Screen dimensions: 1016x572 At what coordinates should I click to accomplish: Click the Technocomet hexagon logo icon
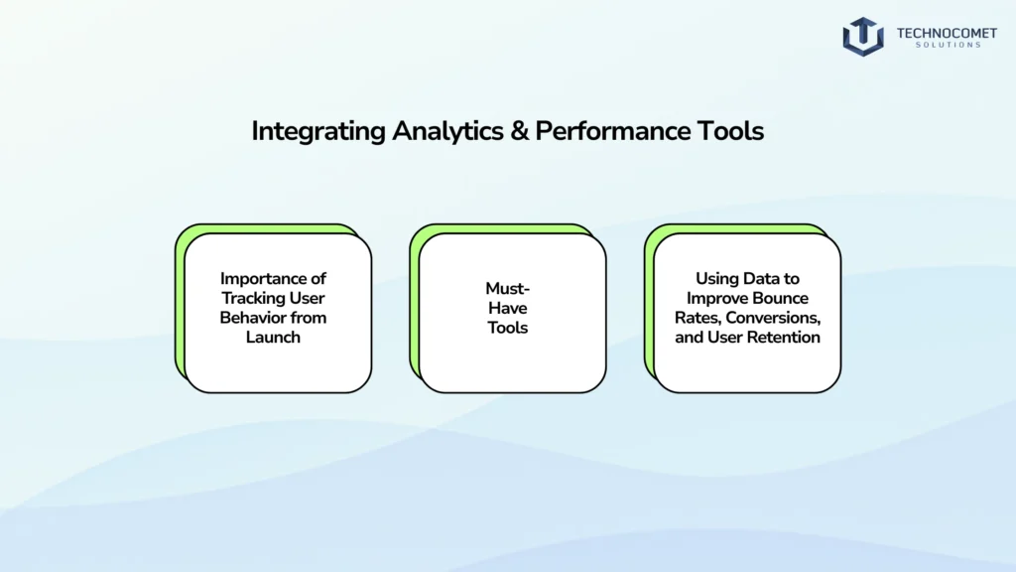(863, 37)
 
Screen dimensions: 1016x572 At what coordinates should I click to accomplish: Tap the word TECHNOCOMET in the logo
(947, 33)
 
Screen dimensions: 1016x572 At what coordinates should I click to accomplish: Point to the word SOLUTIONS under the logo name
(948, 45)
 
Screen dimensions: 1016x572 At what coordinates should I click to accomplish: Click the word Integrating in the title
(318, 132)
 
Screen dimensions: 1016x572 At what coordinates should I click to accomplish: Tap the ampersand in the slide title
(519, 132)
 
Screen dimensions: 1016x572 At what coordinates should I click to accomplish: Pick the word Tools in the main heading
(730, 131)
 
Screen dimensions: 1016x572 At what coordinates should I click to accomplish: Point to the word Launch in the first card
(273, 338)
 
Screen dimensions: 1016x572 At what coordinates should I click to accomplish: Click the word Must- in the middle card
(507, 289)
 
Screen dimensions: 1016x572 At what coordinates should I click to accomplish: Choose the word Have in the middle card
(507, 308)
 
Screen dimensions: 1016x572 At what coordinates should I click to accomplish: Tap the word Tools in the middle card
(507, 328)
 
